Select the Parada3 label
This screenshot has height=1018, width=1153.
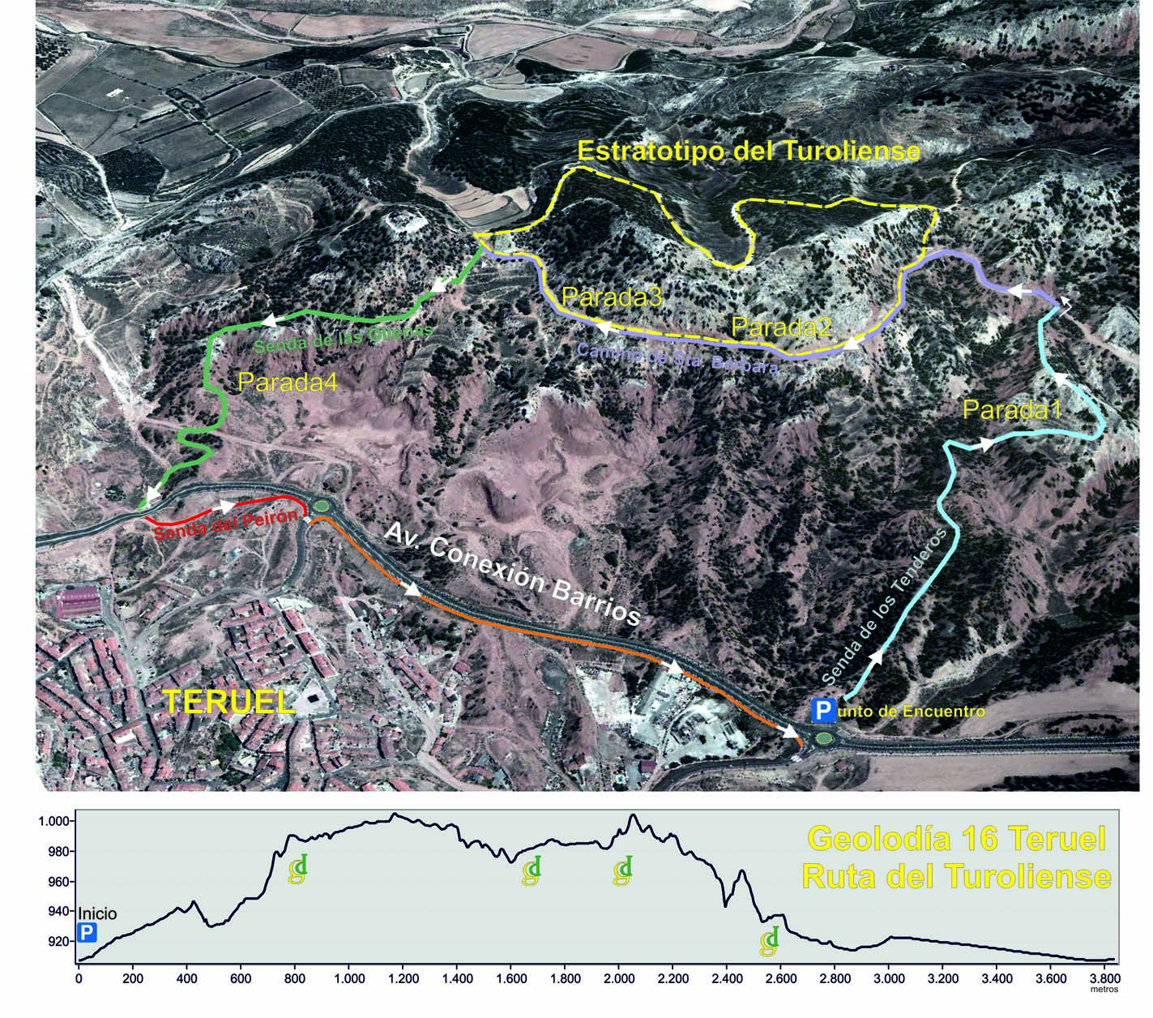(613, 297)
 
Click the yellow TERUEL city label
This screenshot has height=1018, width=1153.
(228, 701)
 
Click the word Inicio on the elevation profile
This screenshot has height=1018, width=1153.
(96, 913)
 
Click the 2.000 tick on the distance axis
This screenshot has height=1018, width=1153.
(618, 980)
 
